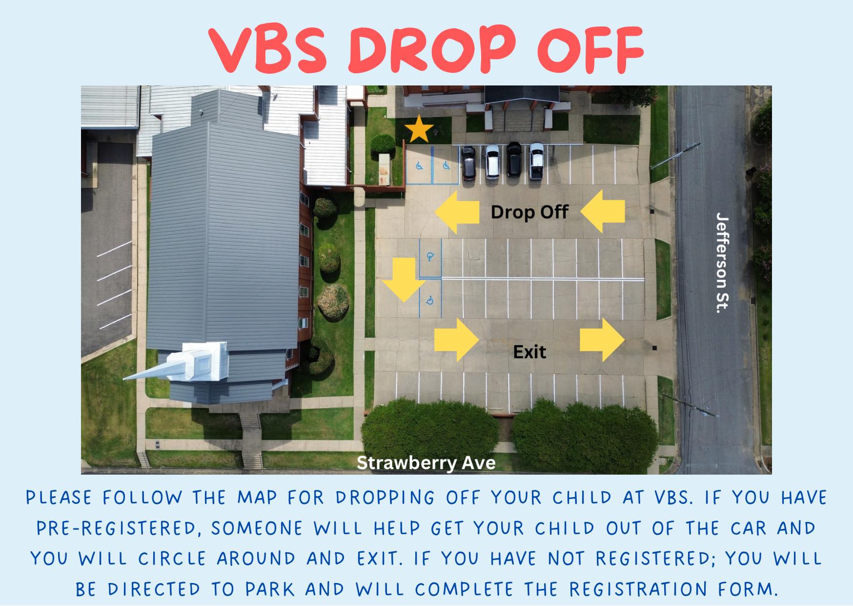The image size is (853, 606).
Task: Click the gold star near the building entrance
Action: pos(419,129)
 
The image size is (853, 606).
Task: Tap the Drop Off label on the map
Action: pos(529,212)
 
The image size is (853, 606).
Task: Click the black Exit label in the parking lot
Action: pos(529,352)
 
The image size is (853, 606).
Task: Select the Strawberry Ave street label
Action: pos(426,462)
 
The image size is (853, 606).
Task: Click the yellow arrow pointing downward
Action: pos(404,280)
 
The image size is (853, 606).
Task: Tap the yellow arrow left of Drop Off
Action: pos(457,212)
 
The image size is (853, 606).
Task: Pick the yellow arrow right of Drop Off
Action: pos(603,211)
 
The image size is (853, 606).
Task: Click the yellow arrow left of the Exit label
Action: pos(457,340)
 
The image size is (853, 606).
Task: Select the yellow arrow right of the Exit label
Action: pos(602,340)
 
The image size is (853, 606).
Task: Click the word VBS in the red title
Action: pos(268,49)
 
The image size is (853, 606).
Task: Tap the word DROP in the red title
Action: pos(432,49)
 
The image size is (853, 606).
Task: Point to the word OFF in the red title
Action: pos(590,49)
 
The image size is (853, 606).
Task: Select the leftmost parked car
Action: pos(468,163)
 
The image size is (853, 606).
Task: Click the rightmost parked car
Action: pos(536,161)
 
